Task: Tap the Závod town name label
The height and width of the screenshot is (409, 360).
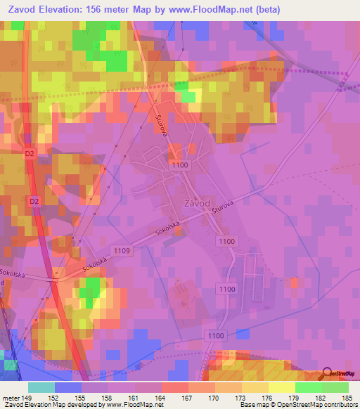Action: pos(197,202)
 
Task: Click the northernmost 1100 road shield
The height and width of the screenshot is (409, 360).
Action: pos(179,163)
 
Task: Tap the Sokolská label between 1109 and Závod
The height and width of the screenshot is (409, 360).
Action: pos(161,229)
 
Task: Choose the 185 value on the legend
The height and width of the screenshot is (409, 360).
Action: pos(348,397)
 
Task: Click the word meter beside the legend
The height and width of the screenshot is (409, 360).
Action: pos(10,397)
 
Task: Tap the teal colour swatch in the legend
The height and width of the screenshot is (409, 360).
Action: pos(41,387)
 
